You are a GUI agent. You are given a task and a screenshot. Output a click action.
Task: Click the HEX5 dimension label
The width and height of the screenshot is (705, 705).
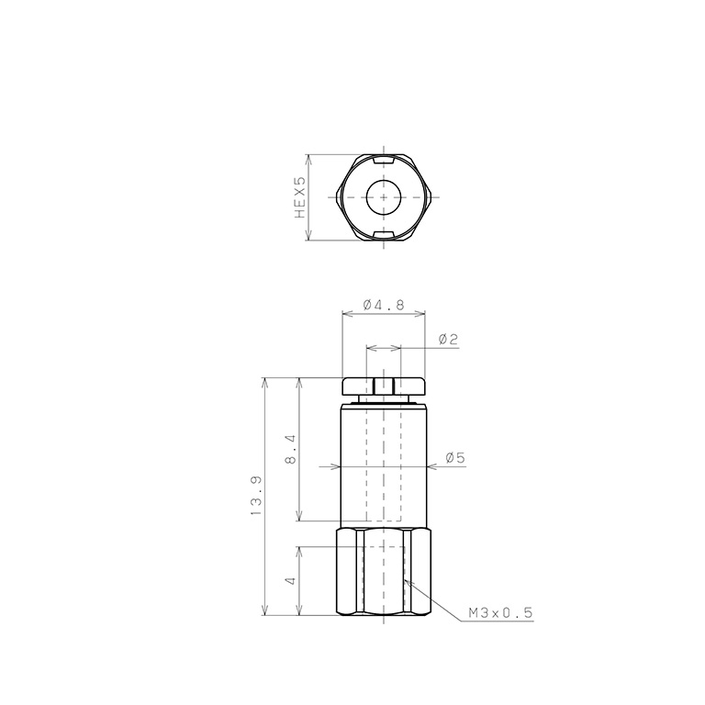pyautogui.click(x=300, y=197)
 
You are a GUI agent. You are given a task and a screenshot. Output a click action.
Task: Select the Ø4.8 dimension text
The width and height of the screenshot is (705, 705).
pyautogui.click(x=384, y=305)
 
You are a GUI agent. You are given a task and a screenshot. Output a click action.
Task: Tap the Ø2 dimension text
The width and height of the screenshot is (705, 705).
pyautogui.click(x=448, y=339)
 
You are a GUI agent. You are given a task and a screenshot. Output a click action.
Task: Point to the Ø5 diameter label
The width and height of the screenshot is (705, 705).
pyautogui.click(x=455, y=458)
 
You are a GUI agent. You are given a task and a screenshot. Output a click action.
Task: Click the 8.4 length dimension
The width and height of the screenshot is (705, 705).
pyautogui.click(x=290, y=449)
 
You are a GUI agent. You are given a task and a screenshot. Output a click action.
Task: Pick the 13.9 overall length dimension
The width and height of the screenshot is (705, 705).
pyautogui.click(x=255, y=496)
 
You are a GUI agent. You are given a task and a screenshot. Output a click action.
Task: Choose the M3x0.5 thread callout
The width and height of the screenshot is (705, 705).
pyautogui.click(x=500, y=612)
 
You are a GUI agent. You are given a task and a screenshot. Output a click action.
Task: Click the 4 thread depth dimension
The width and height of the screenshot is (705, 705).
pyautogui.click(x=291, y=580)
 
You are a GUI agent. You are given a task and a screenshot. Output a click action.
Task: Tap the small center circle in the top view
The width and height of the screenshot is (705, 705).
pyautogui.click(x=383, y=197)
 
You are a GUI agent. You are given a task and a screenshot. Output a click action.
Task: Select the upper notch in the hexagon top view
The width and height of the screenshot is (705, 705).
pyautogui.click(x=384, y=160)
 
